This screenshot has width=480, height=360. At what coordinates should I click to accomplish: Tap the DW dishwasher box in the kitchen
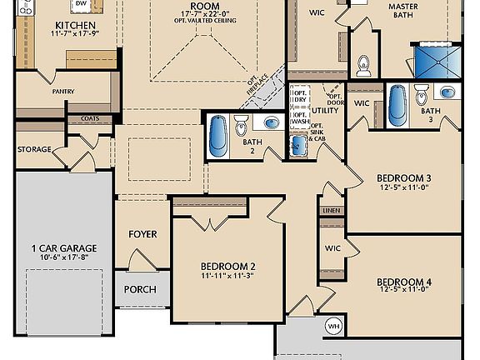81,5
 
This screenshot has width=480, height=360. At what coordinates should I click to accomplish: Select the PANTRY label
64,92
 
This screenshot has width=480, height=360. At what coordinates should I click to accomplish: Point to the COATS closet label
90,118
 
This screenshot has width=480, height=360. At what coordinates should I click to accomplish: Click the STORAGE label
34,149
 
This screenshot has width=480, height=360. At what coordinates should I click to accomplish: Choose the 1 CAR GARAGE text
64,248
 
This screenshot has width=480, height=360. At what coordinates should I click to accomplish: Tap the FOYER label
142,234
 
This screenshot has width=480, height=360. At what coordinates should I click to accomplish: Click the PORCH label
140,289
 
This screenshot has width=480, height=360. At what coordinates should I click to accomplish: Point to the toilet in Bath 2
242,126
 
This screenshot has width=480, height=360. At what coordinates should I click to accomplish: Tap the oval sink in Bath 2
272,123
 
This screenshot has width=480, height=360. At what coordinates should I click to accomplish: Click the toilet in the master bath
362,64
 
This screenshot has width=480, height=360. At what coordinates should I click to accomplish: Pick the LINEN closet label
332,211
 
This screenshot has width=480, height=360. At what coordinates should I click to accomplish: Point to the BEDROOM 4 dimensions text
403,291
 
